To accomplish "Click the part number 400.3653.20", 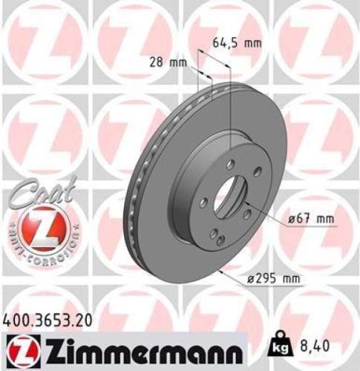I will click(51, 321).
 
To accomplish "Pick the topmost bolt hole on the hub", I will click(230, 163).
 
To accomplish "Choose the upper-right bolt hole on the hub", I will click(257, 171).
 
